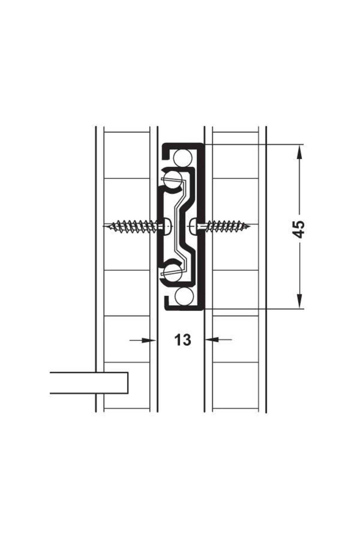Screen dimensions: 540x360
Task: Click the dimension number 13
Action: [x=182, y=340]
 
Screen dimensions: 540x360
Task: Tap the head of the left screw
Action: [x=167, y=225]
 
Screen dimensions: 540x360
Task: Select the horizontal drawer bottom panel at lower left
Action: [x=89, y=383]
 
